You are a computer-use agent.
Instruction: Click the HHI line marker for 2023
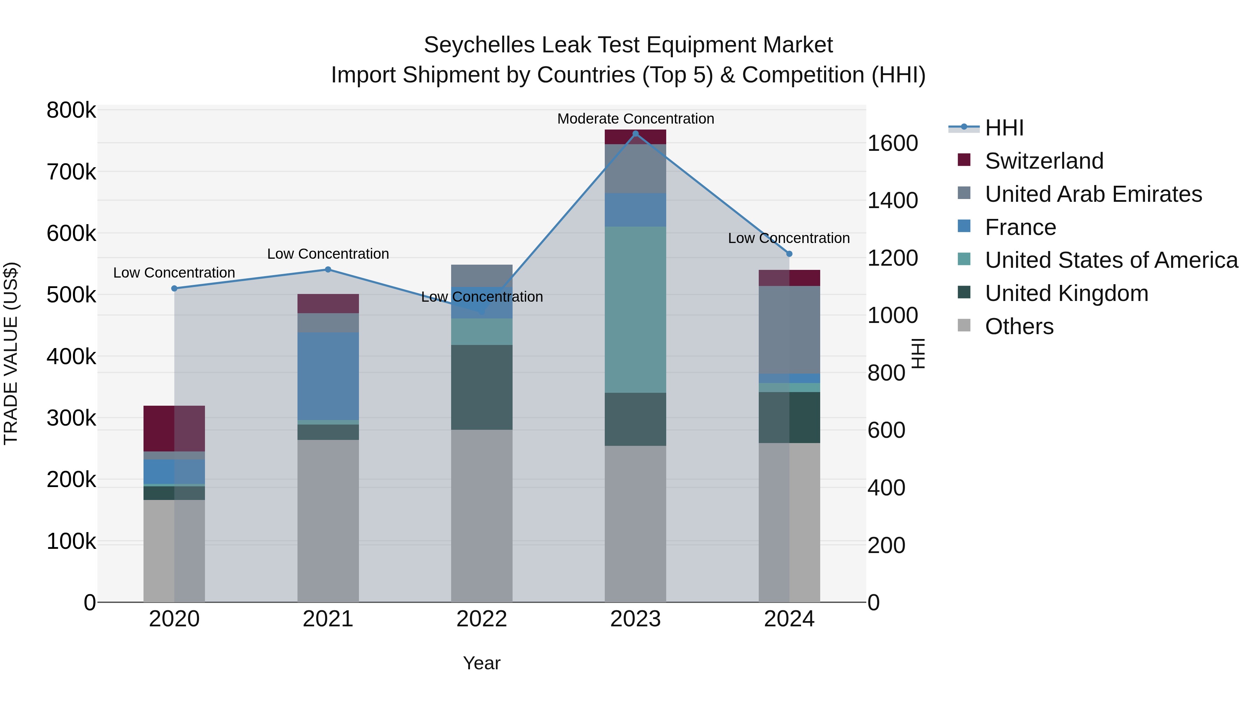point(635,134)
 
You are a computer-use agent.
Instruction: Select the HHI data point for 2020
point(174,288)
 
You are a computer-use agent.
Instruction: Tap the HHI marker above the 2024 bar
point(789,254)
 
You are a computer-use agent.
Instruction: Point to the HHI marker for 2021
point(328,269)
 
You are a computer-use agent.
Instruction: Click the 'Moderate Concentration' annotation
point(635,119)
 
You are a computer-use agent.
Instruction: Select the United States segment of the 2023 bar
point(635,309)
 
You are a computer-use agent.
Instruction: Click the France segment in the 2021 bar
point(328,376)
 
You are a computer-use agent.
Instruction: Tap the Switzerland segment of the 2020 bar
point(174,428)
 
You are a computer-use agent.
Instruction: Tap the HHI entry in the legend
point(1004,128)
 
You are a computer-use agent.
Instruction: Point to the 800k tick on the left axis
point(71,110)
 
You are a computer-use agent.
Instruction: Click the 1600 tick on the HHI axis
point(892,143)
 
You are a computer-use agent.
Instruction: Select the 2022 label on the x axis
point(482,619)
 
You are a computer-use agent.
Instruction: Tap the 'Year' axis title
point(482,663)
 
